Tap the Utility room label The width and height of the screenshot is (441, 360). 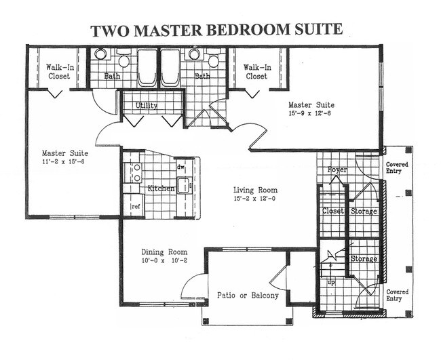tap(147, 106)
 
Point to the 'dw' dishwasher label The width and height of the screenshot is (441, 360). tap(180, 166)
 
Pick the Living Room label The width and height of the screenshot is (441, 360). tap(255, 191)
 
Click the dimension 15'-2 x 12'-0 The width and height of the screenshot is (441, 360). tap(255, 201)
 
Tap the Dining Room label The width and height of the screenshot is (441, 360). tap(164, 252)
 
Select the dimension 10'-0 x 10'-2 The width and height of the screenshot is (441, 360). tap(164, 261)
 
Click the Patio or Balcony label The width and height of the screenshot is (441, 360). tap(248, 296)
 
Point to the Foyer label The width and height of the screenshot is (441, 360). tap(337, 169)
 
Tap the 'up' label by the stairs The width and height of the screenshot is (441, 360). tap(330, 281)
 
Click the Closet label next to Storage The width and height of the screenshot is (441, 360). tap(333, 212)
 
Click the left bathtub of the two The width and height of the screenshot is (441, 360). tap(147, 68)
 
